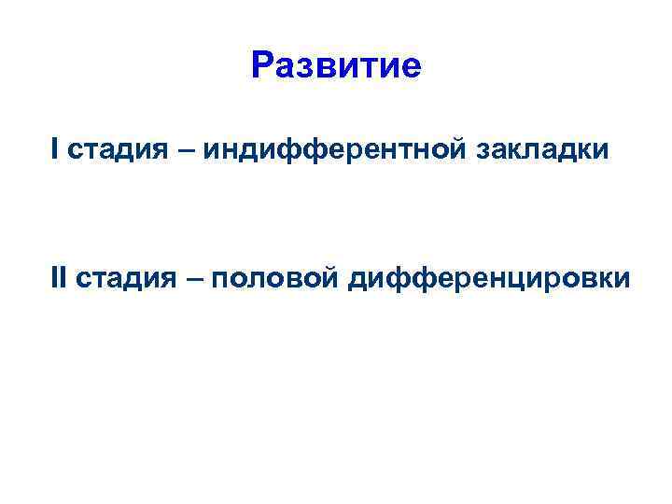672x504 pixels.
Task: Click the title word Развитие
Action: pyautogui.click(x=336, y=66)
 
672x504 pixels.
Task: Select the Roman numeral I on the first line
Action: pyautogui.click(x=55, y=148)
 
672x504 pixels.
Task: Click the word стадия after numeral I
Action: pyautogui.click(x=105, y=149)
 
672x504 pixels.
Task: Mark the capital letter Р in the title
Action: pyautogui.click(x=262, y=66)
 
